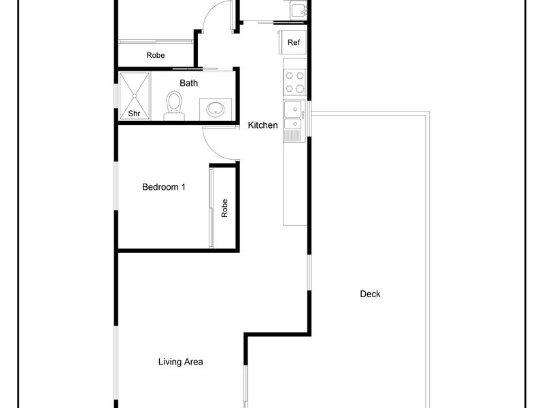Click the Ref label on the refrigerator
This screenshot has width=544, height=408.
(294, 42)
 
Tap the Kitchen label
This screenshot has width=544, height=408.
(262, 125)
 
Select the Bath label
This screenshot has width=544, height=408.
(189, 83)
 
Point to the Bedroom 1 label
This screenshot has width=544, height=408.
(164, 188)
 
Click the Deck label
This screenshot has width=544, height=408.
(370, 294)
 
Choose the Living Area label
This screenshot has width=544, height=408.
(180, 362)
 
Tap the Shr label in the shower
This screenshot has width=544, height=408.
(134, 114)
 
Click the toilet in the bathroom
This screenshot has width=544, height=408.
(174, 105)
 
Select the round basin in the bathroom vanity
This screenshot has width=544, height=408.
(215, 109)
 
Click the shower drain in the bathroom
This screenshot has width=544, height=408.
(134, 96)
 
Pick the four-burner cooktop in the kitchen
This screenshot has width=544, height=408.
(295, 82)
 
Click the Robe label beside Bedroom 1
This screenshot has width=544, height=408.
(224, 208)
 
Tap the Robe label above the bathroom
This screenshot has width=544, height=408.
(156, 56)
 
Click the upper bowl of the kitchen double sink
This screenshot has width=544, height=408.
(294, 109)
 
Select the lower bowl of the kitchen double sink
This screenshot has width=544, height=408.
(293, 124)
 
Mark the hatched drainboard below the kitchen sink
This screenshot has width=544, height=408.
(293, 135)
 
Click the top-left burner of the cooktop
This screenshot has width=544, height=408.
(290, 75)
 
